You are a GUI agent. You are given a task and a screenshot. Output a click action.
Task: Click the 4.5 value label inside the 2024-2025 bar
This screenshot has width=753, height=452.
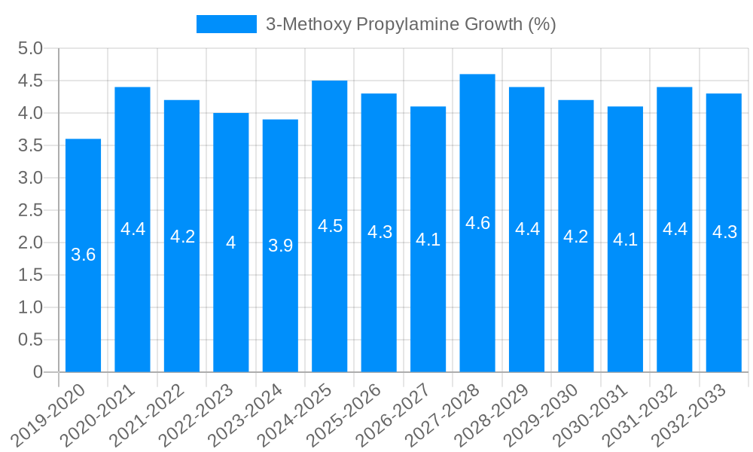pos(330,226)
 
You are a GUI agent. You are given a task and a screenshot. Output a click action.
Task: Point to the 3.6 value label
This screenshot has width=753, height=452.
pos(83,255)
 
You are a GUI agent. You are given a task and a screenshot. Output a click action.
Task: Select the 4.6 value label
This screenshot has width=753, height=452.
pos(477,223)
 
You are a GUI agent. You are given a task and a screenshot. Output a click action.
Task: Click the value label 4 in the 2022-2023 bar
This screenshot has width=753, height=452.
pos(230,243)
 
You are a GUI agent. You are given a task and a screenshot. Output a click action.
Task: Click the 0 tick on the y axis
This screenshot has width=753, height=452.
pos(38,372)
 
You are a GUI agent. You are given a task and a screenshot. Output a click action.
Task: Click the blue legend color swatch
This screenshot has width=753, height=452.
pos(226,24)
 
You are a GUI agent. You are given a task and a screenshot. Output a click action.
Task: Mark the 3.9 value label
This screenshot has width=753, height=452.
pos(280,246)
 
